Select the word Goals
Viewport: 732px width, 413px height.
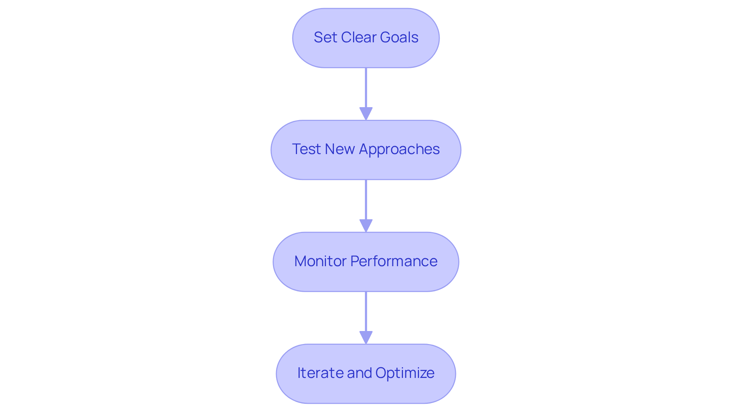coord(398,37)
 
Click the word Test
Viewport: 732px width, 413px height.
coord(306,149)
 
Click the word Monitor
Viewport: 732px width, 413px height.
coord(320,261)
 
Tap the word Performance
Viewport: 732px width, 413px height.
coord(394,261)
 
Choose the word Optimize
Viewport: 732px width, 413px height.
coord(405,373)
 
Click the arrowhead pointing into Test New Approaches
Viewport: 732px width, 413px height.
coord(366,114)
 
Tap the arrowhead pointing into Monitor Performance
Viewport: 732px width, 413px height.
coord(366,225)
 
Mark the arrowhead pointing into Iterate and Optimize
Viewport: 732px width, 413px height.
coord(366,337)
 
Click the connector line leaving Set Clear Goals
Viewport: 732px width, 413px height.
coord(366,88)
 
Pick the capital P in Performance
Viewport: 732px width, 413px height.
coord(355,261)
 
